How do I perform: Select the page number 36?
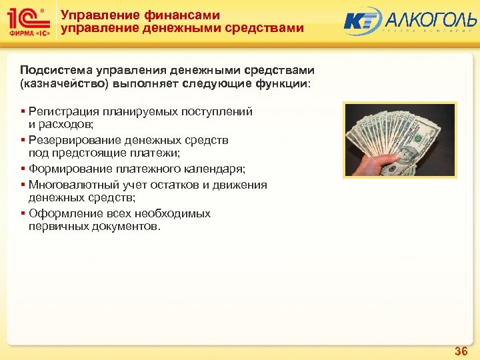click(461, 351)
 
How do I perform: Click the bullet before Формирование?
click(23, 169)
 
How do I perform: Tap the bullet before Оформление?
click(23, 213)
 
